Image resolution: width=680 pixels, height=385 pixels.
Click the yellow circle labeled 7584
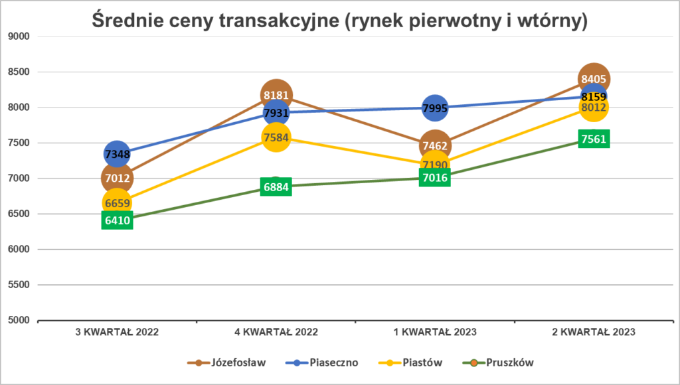276,138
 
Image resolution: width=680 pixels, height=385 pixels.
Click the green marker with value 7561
593,139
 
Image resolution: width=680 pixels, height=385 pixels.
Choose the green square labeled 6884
276,187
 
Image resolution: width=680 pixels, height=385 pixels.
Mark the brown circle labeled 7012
117,178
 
